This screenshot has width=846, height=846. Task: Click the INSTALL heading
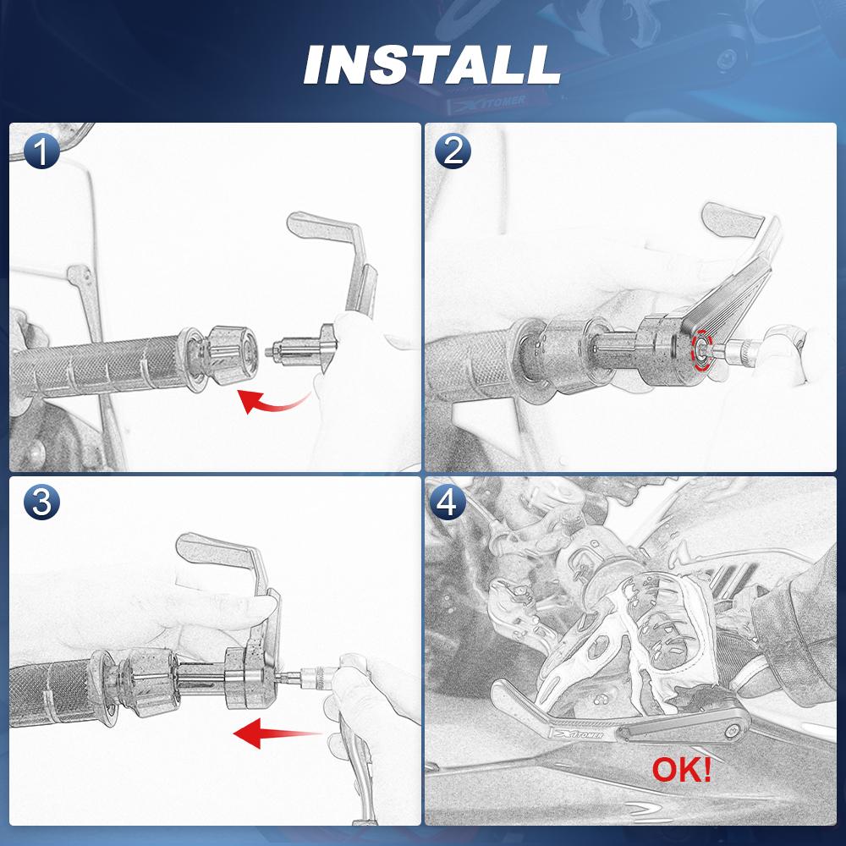coord(432,65)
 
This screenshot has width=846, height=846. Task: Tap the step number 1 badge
coord(41,151)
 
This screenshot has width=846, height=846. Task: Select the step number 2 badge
coord(453,151)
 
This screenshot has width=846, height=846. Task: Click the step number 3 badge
coord(41,503)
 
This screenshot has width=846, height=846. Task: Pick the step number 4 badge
coord(448,503)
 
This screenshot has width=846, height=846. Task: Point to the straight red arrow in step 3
coord(277,733)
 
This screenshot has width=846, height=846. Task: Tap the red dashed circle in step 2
coord(702,350)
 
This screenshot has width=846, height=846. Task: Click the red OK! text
coord(681,770)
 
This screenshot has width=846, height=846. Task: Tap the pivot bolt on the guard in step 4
coord(732,732)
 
